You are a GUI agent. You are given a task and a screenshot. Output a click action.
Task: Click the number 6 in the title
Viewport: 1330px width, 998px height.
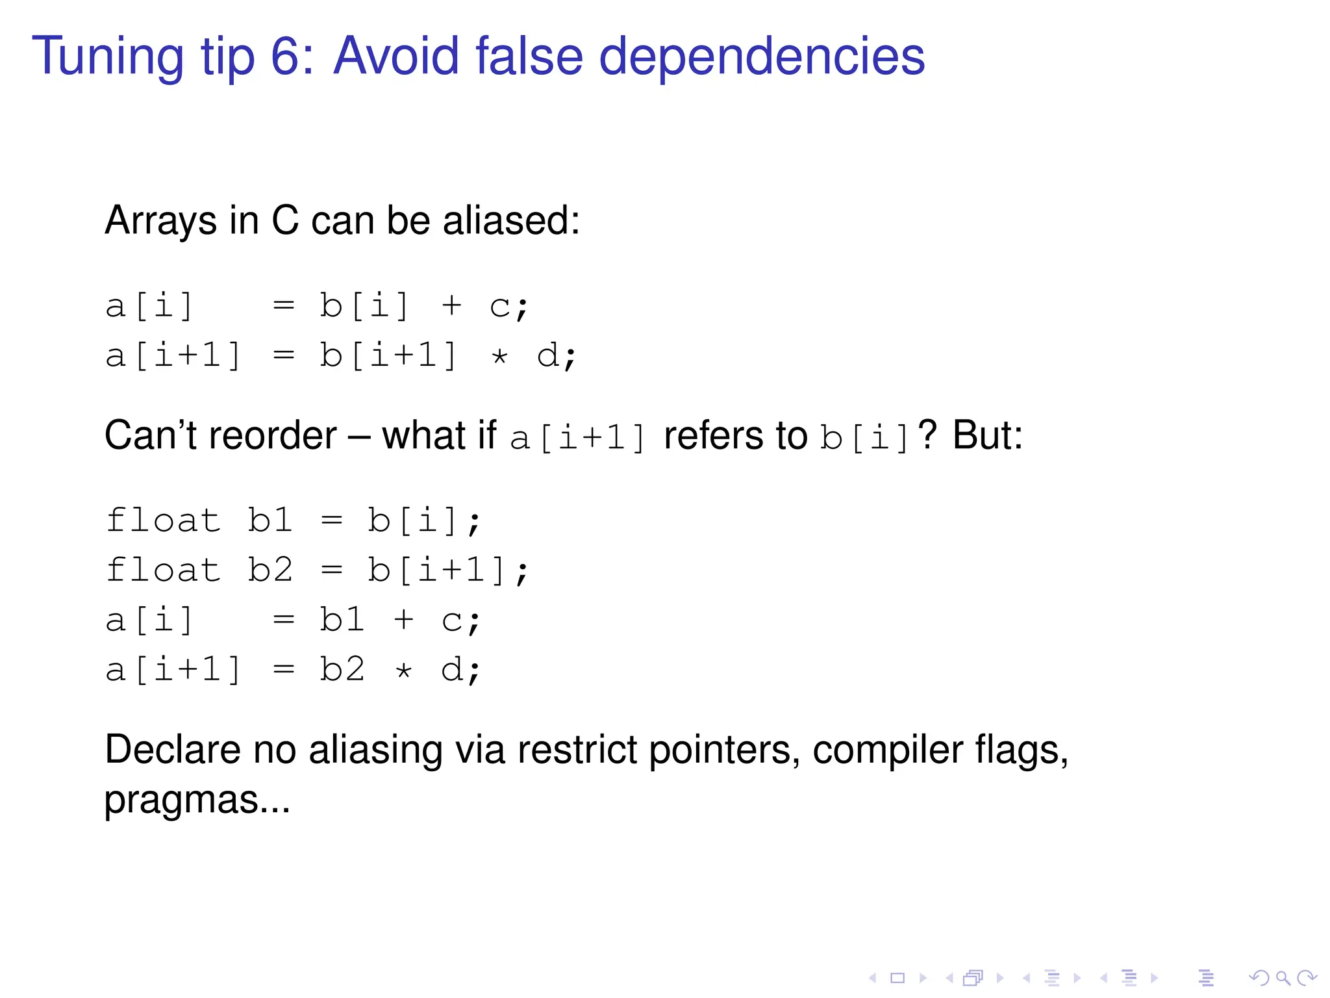(284, 57)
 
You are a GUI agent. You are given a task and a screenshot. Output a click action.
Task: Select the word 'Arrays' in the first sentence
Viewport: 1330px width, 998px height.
(160, 221)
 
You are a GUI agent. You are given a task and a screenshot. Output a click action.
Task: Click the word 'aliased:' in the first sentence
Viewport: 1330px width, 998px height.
(511, 221)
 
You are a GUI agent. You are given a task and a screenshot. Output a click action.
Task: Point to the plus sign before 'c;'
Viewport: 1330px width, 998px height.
(451, 305)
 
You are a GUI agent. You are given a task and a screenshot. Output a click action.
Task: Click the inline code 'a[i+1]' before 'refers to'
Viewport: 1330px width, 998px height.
(577, 438)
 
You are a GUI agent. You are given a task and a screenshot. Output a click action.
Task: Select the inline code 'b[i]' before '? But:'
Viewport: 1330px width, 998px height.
(864, 438)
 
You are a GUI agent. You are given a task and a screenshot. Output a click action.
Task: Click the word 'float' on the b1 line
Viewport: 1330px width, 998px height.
(163, 520)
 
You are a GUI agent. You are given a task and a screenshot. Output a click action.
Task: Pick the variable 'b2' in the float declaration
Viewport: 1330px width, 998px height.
(270, 570)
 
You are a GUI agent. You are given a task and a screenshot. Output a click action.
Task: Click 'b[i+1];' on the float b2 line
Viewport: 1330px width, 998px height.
(448, 570)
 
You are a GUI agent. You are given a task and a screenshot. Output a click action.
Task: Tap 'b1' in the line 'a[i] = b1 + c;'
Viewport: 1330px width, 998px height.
(342, 620)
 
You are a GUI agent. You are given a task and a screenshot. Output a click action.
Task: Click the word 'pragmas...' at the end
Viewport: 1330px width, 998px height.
(197, 800)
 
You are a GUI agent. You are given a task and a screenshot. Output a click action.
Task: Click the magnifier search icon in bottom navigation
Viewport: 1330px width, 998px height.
(1283, 977)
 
